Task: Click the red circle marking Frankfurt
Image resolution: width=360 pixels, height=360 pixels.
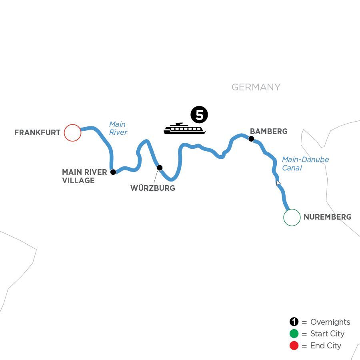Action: pos(72,133)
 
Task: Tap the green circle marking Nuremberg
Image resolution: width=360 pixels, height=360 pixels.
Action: pos(292,218)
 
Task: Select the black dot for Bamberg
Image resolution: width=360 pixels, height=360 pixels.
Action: pos(251,139)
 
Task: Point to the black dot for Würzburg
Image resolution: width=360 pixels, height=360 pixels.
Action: pos(160,168)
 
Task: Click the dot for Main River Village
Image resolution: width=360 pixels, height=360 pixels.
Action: pos(113,172)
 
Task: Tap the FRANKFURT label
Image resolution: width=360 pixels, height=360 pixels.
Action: pos(37,133)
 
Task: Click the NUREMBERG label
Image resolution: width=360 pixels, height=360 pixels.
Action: pos(327,217)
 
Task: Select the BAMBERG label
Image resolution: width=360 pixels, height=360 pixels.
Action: pos(268,131)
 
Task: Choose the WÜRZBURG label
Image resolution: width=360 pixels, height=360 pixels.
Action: pos(153,188)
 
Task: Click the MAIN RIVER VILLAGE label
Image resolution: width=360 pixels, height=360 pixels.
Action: pos(84,176)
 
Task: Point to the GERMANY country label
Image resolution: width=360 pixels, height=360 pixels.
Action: pos(256,87)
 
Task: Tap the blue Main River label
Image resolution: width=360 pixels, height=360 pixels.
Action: pos(118,128)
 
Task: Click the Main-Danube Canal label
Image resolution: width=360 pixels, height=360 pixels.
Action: pos(305,164)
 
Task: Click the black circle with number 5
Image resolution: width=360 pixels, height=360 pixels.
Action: pos(199,115)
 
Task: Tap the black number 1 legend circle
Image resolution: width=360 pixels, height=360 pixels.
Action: pos(294,322)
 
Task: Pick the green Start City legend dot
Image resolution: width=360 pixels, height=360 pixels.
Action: pos(294,334)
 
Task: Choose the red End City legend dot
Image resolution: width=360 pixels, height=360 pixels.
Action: pos(294,346)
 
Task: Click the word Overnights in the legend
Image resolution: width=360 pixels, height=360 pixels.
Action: pos(330,322)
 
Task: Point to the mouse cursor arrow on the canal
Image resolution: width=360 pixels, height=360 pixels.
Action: pos(278,183)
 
